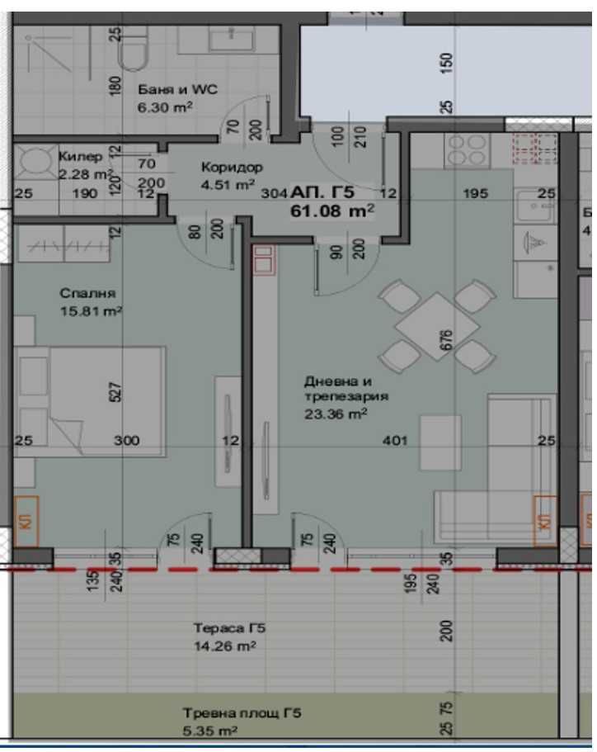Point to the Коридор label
[x=232, y=167]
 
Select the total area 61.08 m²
[x=331, y=211]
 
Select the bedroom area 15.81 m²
[x=91, y=311]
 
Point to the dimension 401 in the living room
[x=396, y=441]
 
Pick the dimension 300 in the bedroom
[x=126, y=441]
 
